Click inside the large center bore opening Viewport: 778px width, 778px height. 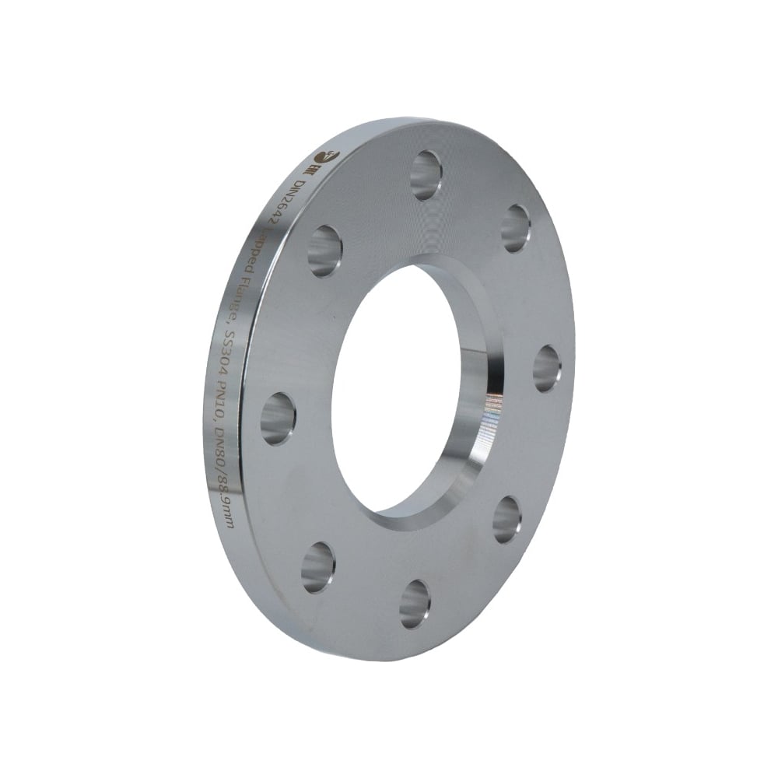pos(389,389)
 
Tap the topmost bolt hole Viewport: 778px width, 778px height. pos(426,175)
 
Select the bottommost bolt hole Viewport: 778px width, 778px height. pos(415,605)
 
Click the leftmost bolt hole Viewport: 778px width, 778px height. pos(278,419)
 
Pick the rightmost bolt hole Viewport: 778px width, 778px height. pos(547,369)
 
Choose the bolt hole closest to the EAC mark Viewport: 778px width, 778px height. pos(324,251)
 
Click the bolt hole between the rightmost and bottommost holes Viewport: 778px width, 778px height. pos(506,519)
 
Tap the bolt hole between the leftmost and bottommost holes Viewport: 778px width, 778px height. pos(317,566)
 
